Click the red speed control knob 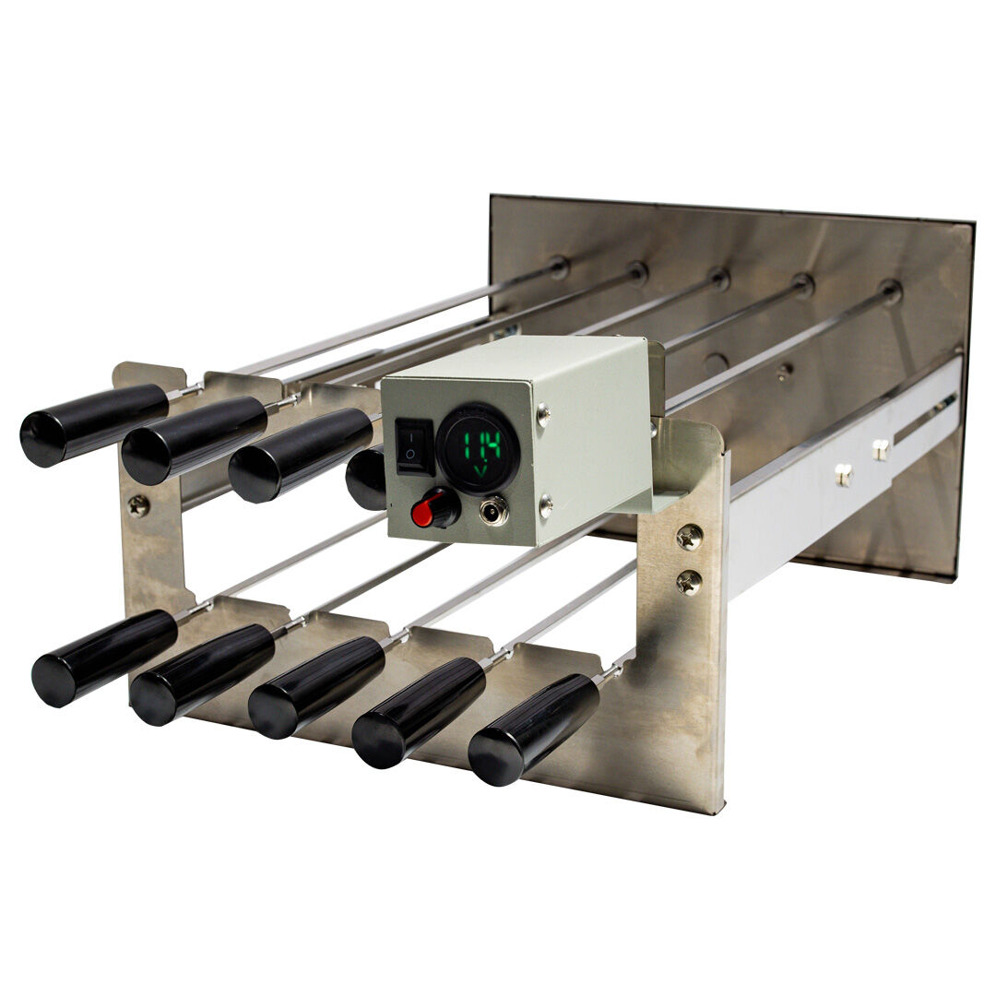[x=435, y=509]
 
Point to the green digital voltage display [x=478, y=448]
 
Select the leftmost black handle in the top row [x=94, y=423]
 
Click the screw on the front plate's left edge [x=139, y=505]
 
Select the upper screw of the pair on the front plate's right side [x=689, y=537]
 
